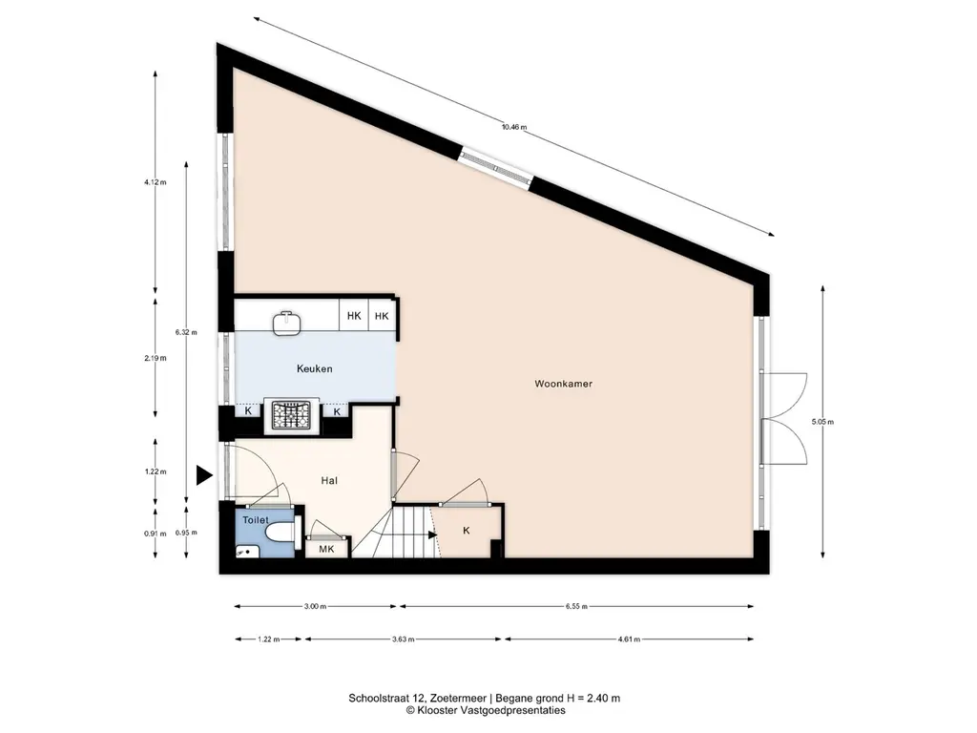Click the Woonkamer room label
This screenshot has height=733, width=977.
point(563,384)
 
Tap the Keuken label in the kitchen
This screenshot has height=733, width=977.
point(314,369)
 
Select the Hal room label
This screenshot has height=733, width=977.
point(329,481)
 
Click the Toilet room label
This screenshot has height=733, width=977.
point(256,520)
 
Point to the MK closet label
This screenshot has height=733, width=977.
point(326,549)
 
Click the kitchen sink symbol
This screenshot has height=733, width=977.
point(286,323)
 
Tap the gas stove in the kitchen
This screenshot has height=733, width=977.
point(292,415)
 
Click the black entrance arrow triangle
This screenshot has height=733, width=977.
point(204,475)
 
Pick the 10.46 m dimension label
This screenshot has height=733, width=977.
point(514,127)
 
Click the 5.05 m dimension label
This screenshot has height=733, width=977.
point(822,422)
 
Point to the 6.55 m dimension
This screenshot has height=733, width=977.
point(576,606)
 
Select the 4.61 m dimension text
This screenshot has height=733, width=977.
point(629,639)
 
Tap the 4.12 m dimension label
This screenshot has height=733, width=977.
point(156,182)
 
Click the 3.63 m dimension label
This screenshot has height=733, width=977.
point(404,639)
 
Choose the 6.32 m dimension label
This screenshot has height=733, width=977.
point(186,332)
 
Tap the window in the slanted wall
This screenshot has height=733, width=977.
point(496,168)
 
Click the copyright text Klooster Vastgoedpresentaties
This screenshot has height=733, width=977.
point(486,710)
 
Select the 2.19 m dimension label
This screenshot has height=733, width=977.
point(156,359)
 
